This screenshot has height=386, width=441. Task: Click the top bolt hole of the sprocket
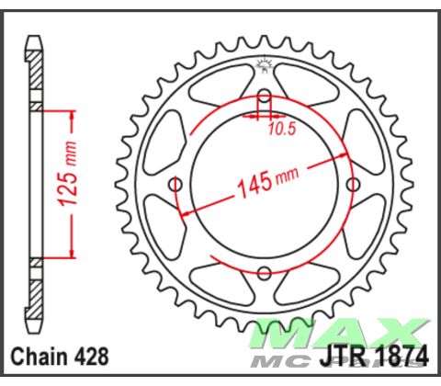click(264, 97)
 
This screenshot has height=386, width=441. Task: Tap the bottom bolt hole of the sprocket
click(264, 273)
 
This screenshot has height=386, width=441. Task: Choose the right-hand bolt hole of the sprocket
click(352, 185)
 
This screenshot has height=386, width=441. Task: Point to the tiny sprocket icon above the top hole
click(264, 63)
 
